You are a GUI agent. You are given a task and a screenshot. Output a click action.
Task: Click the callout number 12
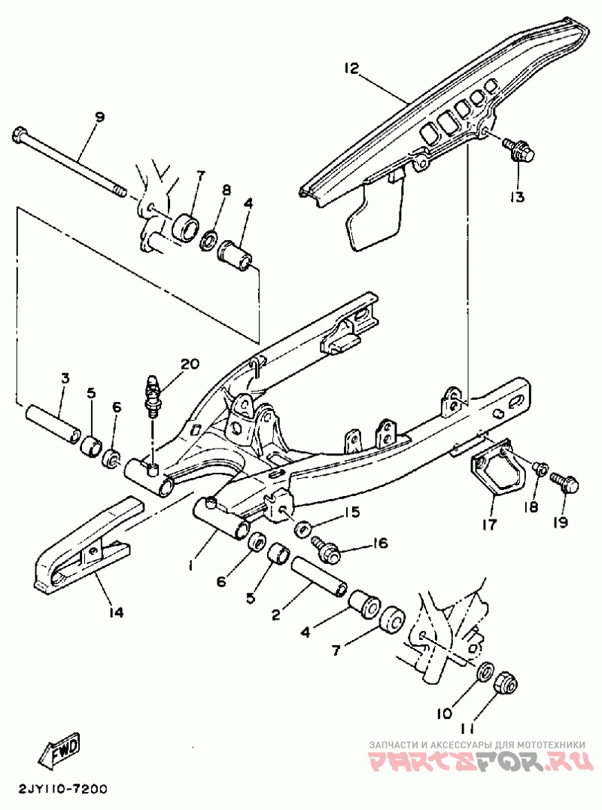click(x=352, y=68)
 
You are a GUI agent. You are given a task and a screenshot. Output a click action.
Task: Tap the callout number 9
click(x=99, y=117)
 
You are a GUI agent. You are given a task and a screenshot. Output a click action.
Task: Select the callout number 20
click(x=190, y=364)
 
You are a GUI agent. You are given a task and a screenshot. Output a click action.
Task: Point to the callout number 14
click(x=115, y=612)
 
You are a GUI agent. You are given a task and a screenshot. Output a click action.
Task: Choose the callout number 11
click(x=468, y=729)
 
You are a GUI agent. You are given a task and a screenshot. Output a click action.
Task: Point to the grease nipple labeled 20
click(x=153, y=394)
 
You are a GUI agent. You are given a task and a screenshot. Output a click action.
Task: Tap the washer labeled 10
click(x=485, y=669)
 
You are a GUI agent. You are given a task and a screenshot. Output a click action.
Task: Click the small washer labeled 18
click(x=539, y=469)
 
